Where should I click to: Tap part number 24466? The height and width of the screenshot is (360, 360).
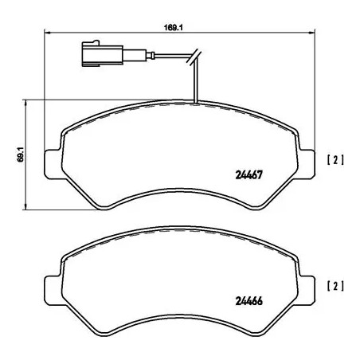tap(248, 300)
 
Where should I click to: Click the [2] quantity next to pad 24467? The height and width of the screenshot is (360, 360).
tap(335, 159)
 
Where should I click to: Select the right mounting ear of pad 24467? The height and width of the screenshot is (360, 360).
tap(308, 160)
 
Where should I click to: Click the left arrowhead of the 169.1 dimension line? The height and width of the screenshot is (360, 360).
tap(45, 33)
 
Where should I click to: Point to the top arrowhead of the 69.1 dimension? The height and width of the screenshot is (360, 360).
tap(28, 103)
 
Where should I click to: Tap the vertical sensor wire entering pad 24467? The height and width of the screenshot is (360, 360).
tap(194, 84)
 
